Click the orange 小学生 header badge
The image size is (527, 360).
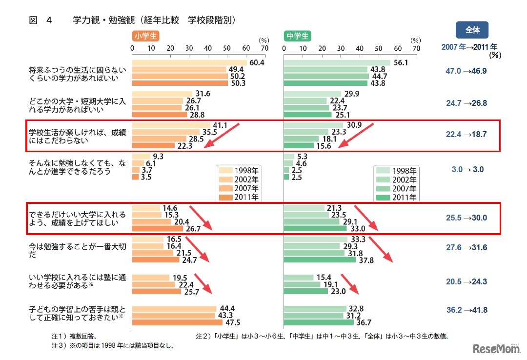click(145, 36)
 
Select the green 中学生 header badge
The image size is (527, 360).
click(298, 36)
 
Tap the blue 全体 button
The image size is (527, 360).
click(472, 30)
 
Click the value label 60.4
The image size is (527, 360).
click(256, 63)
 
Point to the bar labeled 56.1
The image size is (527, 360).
click(337, 63)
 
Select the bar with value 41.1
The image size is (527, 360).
click(171, 125)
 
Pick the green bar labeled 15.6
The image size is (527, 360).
click(299, 145)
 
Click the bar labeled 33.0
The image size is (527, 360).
click(315, 228)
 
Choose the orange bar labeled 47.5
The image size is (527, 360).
click(177, 322)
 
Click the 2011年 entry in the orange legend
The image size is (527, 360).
click(246, 198)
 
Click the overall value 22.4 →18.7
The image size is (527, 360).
click(466, 135)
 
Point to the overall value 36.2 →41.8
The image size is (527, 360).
click(466, 310)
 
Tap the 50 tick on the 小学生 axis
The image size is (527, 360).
click(226, 48)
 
